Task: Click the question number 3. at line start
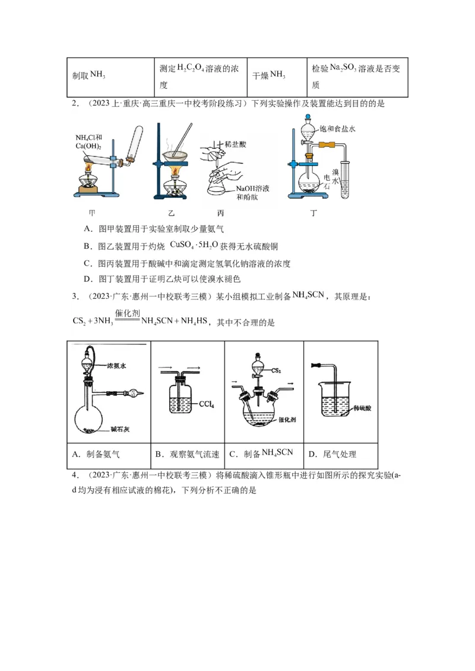point(75,296)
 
